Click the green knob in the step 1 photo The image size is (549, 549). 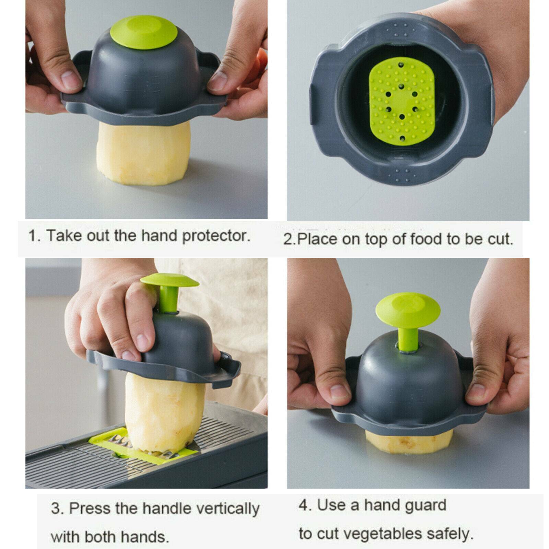coord(144,32)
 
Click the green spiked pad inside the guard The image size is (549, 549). coord(401,101)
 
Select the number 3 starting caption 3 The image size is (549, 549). coord(56,509)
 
